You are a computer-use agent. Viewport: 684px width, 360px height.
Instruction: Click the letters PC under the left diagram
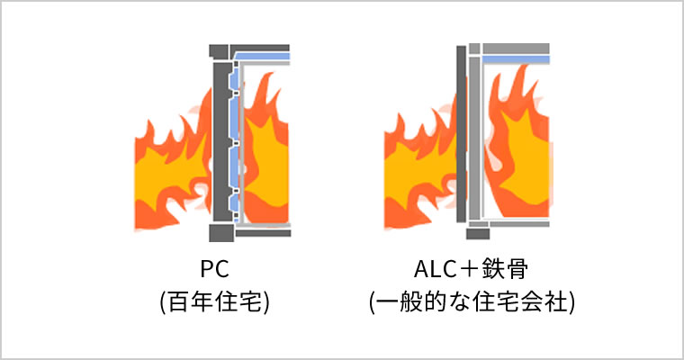[x=213, y=270]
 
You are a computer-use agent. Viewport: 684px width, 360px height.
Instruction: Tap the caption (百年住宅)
[x=213, y=301]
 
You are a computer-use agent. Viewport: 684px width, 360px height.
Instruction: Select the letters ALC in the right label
[x=430, y=270]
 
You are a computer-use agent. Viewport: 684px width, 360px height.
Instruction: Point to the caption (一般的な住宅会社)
[x=472, y=301]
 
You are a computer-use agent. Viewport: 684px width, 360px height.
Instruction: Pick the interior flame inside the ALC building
[x=517, y=144]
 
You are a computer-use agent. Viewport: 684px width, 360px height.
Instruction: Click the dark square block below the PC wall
[x=219, y=233]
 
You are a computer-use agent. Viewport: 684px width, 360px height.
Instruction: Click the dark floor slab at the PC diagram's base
[x=262, y=232]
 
